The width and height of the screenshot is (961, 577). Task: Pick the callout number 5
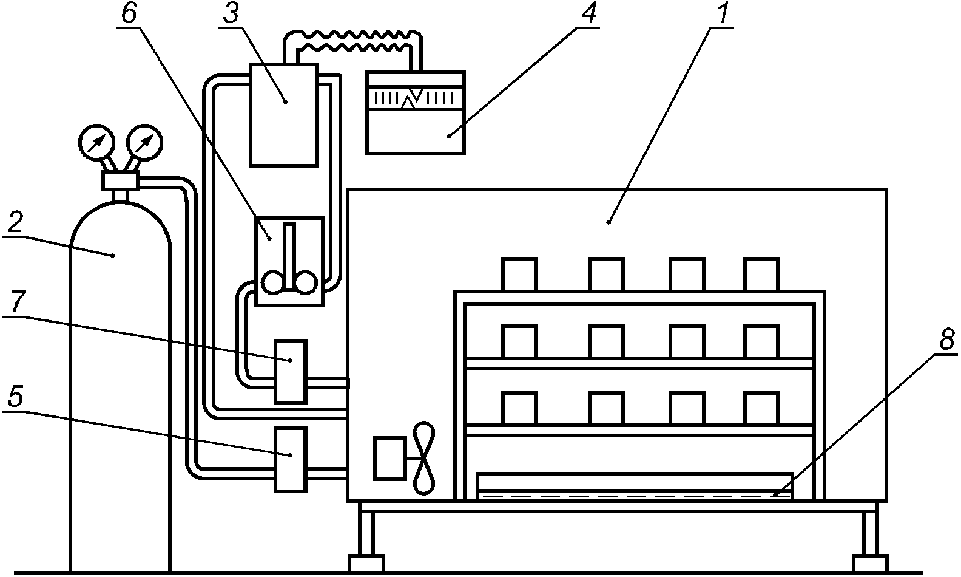pos(15,397)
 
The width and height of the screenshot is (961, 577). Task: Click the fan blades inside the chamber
pos(423,458)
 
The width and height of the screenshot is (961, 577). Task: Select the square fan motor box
pos(390,458)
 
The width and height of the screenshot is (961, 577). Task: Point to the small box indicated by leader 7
pos(291,372)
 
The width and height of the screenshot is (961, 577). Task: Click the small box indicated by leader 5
pos(291,460)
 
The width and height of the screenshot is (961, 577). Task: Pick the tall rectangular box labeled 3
pos(284,115)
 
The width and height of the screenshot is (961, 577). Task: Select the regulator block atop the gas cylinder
pos(120,180)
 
